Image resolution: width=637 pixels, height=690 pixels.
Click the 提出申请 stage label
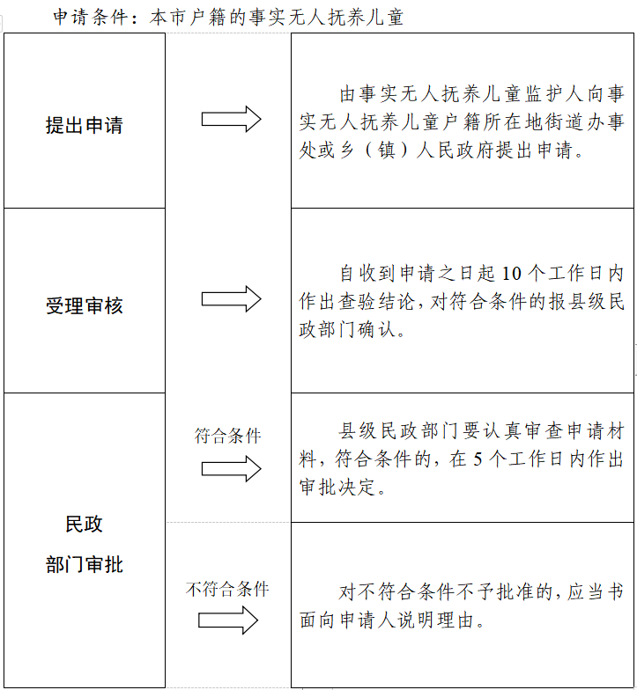tap(85, 125)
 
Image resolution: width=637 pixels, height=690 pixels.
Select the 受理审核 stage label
tap(85, 305)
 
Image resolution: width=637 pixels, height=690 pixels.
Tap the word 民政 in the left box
tap(85, 524)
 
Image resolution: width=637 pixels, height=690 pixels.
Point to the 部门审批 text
tap(85, 564)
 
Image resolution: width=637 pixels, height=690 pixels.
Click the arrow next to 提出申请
tap(231, 119)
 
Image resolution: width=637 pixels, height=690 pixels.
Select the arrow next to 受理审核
tap(231, 299)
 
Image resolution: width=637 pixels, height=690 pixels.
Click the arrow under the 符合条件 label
tap(231, 468)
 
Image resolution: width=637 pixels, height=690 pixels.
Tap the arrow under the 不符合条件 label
tap(227, 620)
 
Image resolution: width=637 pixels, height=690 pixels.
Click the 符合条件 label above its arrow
tap(227, 436)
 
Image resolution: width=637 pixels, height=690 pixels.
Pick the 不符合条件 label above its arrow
tap(227, 589)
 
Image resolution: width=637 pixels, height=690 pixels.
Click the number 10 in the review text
tap(511, 274)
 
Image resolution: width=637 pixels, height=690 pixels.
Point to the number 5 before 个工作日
tap(478, 459)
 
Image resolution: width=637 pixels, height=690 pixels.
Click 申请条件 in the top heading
tap(90, 18)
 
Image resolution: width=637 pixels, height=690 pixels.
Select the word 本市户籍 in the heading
tap(188, 18)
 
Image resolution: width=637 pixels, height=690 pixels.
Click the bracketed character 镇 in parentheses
tap(386, 150)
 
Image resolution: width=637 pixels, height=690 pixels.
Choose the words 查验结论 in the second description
tap(376, 302)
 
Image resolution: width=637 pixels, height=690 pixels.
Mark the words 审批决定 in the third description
tap(337, 488)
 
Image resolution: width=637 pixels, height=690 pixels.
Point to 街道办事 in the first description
tap(584, 121)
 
